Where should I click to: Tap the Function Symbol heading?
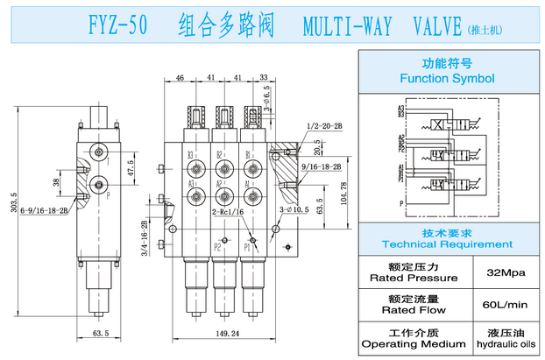click(x=447, y=78)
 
